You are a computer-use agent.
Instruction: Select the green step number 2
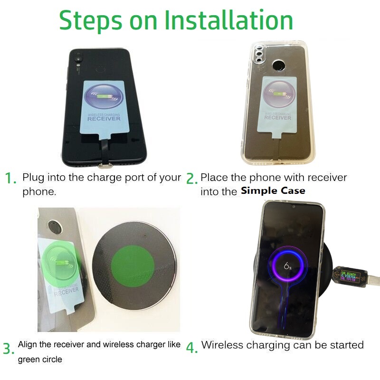(191, 179)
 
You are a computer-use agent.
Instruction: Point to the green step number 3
(9, 349)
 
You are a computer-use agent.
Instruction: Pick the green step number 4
(191, 348)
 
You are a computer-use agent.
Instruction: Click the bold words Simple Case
(273, 191)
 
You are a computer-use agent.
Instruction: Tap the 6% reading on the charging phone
(288, 266)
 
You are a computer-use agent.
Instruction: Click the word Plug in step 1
(33, 178)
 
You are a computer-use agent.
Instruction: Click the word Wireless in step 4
(220, 345)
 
